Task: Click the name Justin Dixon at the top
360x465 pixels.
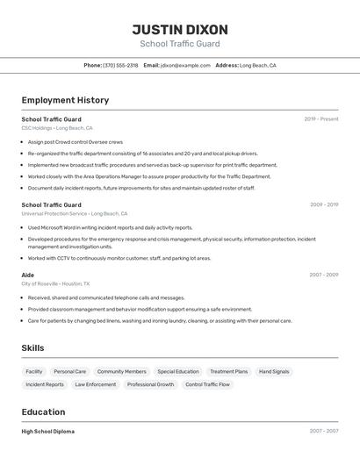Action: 180,29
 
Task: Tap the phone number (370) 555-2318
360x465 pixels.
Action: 120,66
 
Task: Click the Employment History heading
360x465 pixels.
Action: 65,100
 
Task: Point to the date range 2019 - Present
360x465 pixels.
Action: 321,119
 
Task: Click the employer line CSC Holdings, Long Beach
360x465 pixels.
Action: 60,128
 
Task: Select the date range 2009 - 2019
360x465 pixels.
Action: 324,204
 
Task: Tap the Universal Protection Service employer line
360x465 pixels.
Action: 75,213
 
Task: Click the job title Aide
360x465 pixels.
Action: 28,275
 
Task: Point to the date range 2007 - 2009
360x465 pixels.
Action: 323,275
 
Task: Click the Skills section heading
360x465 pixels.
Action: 32,348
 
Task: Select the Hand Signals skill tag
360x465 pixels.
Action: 274,372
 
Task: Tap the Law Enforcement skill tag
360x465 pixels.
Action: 95,384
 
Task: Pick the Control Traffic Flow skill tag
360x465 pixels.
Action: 207,384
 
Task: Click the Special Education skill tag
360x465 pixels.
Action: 178,372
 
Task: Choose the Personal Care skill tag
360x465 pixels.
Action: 69,372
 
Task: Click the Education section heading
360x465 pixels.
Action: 43,411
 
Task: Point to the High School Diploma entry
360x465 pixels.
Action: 47,432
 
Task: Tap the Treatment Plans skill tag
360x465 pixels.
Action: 228,372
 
